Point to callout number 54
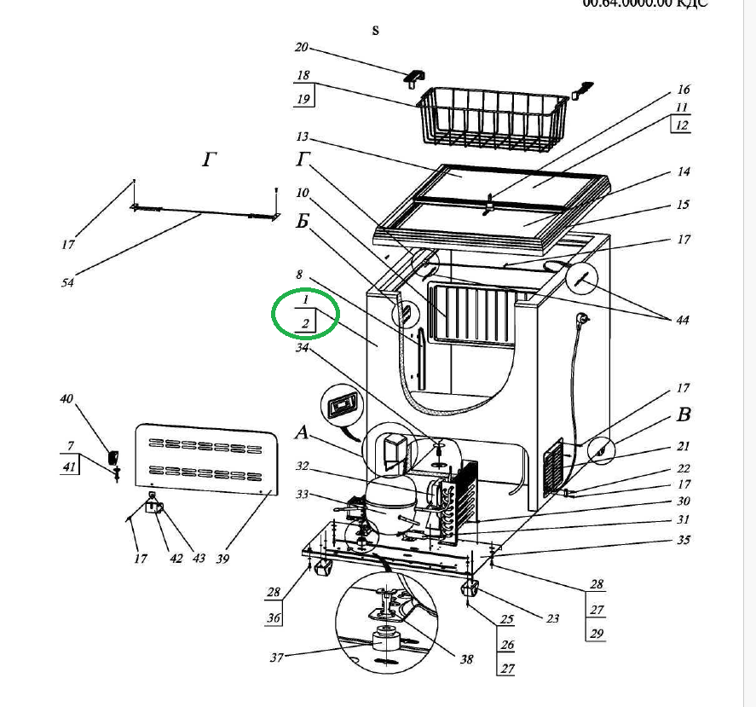[x=67, y=282]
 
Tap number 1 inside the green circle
[x=304, y=302]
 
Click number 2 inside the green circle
[x=304, y=322]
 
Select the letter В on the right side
[x=683, y=416]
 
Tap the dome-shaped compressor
[x=389, y=504]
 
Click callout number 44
[x=683, y=321]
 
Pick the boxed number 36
[x=274, y=619]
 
